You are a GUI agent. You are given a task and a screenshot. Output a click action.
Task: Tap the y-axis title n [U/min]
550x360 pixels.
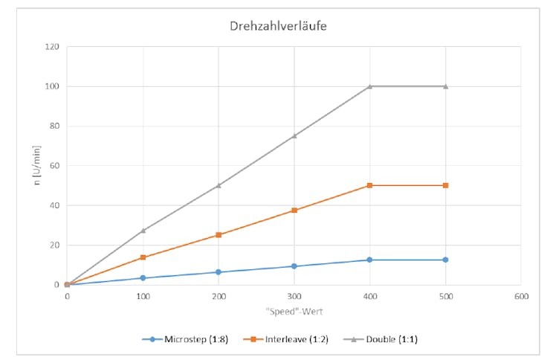click(x=37, y=166)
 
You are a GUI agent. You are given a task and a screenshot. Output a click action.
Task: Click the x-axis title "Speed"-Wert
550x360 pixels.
click(x=293, y=310)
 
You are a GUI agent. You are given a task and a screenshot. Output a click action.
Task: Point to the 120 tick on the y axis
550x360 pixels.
click(x=52, y=47)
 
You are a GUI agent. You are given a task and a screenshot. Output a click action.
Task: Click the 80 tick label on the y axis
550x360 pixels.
click(x=54, y=126)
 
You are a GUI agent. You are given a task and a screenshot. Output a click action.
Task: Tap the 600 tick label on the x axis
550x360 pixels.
click(x=521, y=296)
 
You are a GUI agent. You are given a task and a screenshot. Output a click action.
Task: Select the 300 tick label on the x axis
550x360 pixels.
click(x=294, y=296)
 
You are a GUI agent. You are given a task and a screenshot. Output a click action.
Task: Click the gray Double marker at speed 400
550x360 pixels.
click(x=370, y=86)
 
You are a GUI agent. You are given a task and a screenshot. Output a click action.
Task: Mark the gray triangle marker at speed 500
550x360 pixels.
click(x=446, y=86)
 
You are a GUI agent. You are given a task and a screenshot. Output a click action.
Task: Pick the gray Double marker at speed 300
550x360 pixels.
click(x=294, y=136)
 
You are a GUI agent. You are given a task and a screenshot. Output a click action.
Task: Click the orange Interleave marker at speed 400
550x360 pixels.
click(x=370, y=185)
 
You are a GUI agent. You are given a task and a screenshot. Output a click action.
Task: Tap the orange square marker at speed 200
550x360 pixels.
click(x=219, y=235)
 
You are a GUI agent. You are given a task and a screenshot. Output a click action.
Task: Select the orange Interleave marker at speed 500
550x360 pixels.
click(x=446, y=185)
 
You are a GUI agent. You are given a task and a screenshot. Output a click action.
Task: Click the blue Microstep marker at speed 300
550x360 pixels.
click(x=294, y=266)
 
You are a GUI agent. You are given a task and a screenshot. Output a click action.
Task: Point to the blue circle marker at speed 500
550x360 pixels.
click(x=446, y=260)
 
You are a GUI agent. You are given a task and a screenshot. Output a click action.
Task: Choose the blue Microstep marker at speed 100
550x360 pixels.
click(x=143, y=278)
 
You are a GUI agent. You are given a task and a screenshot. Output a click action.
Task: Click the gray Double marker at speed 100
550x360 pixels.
click(x=143, y=231)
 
